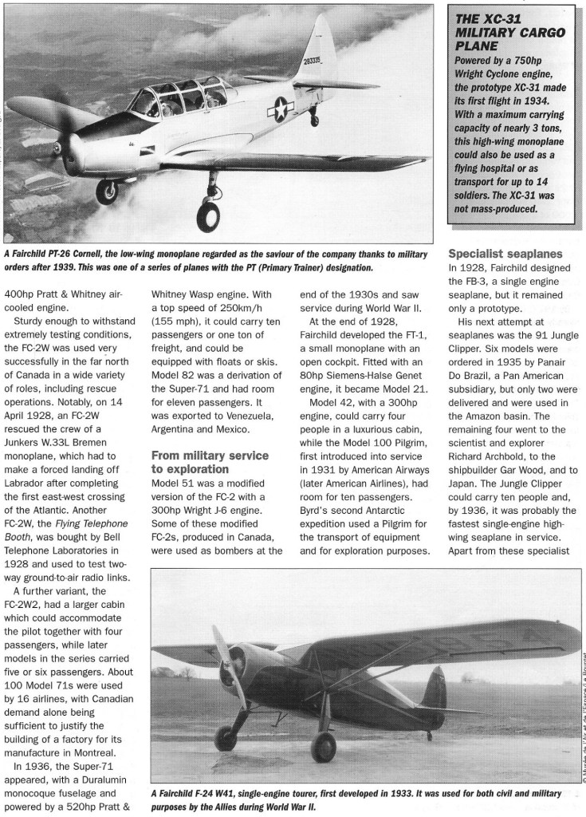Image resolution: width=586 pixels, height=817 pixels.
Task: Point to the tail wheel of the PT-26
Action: click(315, 121)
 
